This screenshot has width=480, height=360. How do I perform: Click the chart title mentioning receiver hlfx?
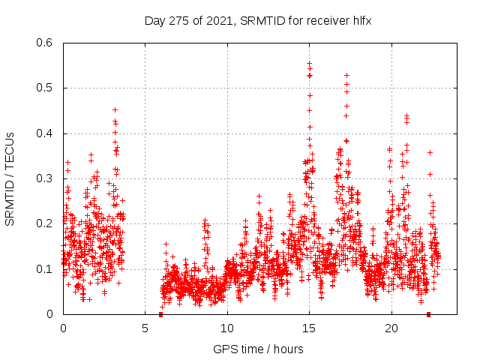point(258,21)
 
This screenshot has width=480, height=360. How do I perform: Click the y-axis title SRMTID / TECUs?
point(10,179)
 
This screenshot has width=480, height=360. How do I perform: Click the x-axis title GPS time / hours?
point(258,349)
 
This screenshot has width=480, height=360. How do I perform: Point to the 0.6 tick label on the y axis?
point(45,43)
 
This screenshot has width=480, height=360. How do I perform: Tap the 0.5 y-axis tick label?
point(45,88)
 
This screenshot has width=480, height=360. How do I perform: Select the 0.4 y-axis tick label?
point(45,133)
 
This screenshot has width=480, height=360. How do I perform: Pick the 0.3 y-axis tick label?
point(45,178)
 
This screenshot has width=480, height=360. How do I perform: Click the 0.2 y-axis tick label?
point(45,223)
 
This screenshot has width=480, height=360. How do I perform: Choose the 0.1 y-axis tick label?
point(45,268)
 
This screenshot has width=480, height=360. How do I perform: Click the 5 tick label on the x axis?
point(145,328)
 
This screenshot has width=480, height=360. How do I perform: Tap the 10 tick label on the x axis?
point(227,328)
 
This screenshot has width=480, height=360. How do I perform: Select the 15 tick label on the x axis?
point(309,328)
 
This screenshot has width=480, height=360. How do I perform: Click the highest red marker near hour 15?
point(309,64)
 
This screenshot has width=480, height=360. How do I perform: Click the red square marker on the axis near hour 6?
point(161,314)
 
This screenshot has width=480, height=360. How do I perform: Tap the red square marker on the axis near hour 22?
point(428,314)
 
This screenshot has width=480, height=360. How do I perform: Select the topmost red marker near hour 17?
point(346,75)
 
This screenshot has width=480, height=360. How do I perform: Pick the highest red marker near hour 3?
point(115,109)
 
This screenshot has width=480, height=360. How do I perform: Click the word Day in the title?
point(154,21)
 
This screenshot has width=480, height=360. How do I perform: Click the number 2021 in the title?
point(217,21)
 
